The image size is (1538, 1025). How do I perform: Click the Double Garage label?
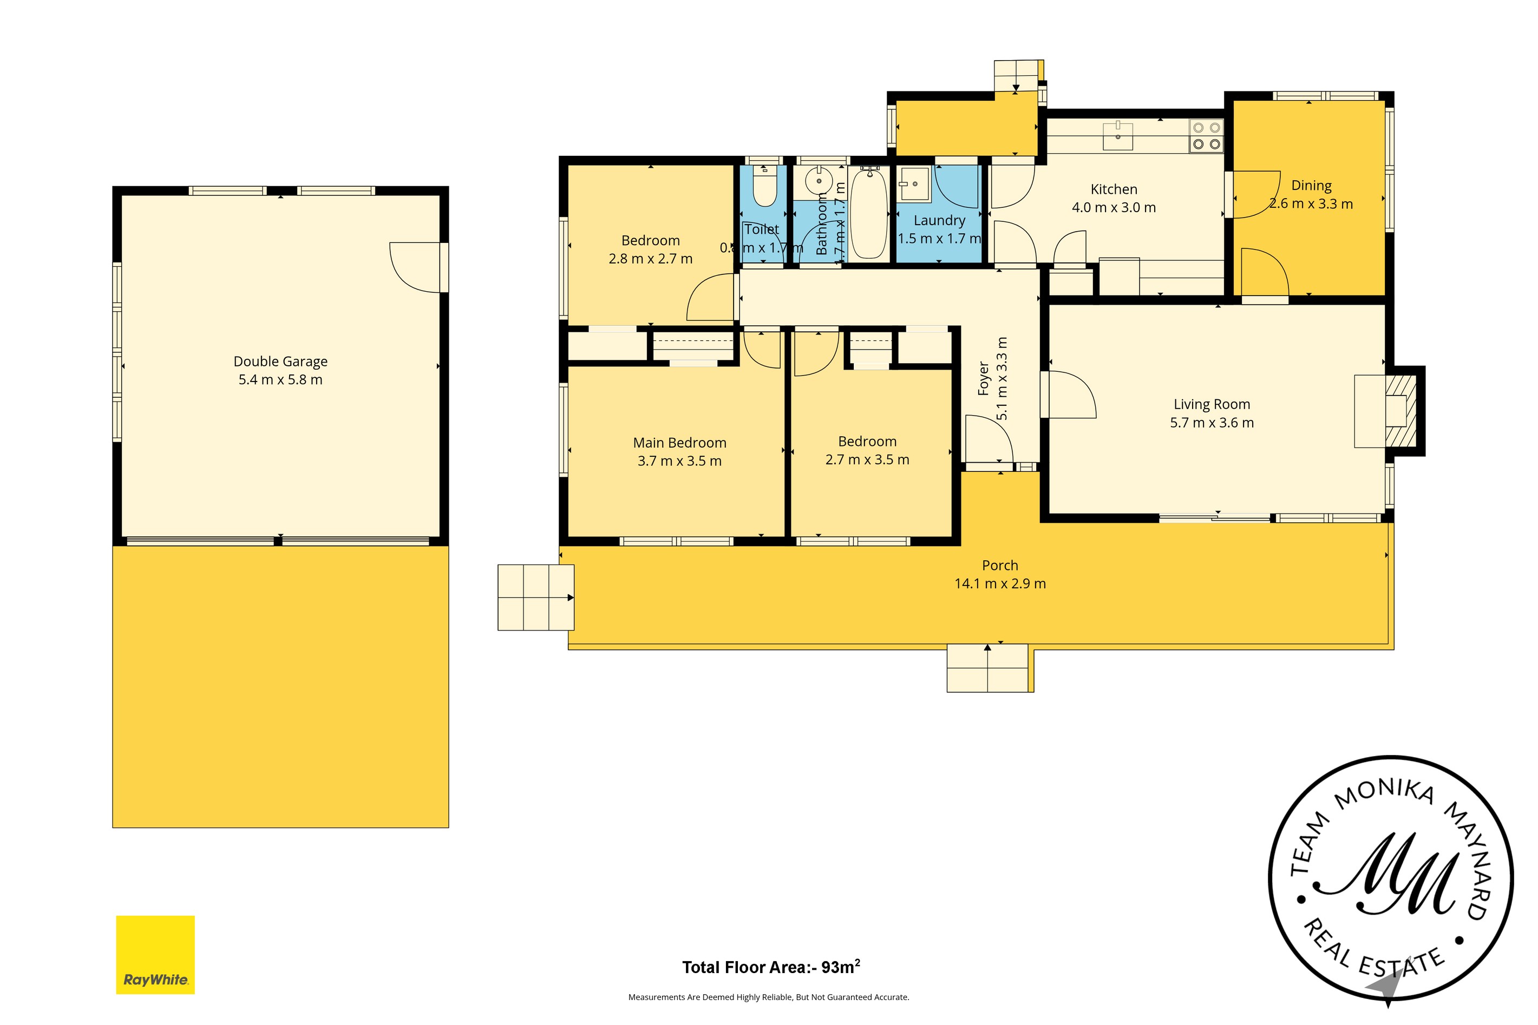tap(280, 362)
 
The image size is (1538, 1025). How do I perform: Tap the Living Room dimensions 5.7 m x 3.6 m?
tap(1212, 423)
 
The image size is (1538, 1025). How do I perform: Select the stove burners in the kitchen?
tap(1207, 136)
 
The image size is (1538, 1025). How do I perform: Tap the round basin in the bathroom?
tap(818, 181)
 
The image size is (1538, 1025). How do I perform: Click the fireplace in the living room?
tap(1399, 411)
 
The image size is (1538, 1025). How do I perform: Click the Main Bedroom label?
tap(679, 443)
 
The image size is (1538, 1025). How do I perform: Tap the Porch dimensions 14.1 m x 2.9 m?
tap(1000, 584)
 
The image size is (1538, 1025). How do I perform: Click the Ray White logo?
tap(155, 955)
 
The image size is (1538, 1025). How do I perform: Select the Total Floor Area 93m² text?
tap(771, 968)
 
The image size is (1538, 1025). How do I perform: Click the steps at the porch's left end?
tap(535, 597)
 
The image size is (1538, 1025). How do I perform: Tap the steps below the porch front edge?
tap(989, 668)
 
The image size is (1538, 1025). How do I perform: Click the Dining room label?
tap(1311, 186)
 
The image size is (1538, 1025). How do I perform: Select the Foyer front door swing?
tap(989, 439)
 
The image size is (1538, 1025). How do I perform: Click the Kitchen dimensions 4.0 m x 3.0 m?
tap(1114, 208)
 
